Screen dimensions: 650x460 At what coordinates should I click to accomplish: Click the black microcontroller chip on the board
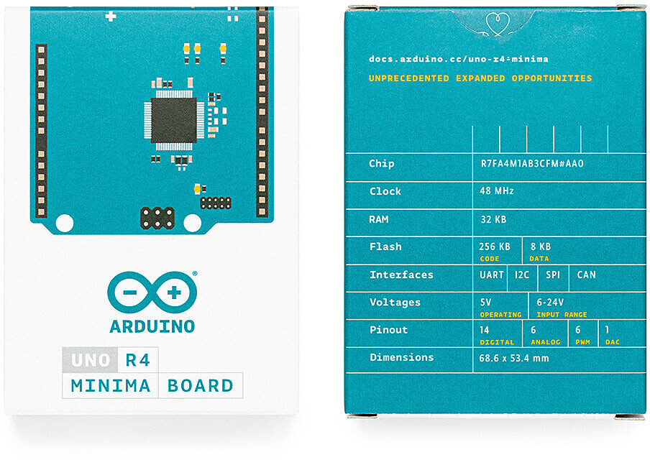(174, 120)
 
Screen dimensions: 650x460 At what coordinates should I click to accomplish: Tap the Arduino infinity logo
(152, 293)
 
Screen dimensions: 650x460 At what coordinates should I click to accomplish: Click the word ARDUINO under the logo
(152, 326)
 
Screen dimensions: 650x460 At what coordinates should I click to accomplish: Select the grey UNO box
(90, 359)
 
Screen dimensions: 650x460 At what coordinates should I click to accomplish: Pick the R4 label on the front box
(137, 359)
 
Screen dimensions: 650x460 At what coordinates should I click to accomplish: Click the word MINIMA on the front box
(110, 386)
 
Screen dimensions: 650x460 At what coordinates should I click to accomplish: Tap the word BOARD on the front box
(200, 386)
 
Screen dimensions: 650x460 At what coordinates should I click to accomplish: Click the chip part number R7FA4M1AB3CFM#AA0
(532, 164)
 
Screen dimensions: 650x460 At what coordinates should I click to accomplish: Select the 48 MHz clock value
(497, 191)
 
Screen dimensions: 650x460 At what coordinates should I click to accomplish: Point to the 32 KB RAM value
(493, 219)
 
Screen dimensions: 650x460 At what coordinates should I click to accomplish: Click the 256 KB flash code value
(495, 247)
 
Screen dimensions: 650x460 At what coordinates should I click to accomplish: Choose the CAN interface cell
(586, 275)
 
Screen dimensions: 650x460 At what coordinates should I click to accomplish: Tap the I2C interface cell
(522, 275)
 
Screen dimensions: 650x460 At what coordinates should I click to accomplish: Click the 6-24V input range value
(550, 302)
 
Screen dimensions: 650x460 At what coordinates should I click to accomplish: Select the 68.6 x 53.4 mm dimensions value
(514, 358)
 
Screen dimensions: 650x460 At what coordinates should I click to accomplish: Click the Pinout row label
(388, 330)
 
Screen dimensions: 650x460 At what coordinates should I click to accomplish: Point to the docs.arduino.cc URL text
(459, 59)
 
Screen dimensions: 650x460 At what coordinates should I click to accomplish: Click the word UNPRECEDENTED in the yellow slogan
(408, 78)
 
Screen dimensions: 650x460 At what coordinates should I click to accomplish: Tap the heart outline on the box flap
(498, 23)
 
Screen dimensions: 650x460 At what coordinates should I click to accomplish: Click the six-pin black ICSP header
(157, 218)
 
